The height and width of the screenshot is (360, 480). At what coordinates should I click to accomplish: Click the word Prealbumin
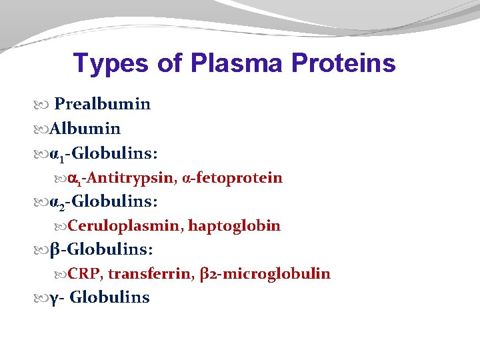tap(102, 105)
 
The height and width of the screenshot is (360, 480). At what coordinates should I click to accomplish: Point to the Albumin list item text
tap(85, 129)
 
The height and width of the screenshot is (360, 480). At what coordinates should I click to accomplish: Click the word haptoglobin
tap(234, 226)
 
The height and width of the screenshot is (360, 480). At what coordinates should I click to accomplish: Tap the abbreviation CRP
tap(85, 274)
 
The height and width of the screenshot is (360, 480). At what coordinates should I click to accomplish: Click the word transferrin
tap(151, 274)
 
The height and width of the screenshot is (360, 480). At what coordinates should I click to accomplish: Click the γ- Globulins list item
tap(100, 297)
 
